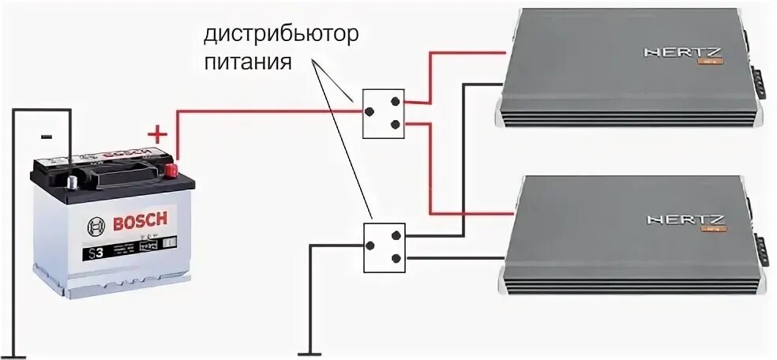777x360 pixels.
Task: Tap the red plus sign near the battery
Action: coord(159,134)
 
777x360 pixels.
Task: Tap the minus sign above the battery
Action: coord(46,136)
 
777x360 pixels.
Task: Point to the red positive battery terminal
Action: coord(171,169)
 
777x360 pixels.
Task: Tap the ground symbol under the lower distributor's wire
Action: coord(309,351)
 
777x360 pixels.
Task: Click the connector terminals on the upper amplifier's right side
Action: coord(759,83)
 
